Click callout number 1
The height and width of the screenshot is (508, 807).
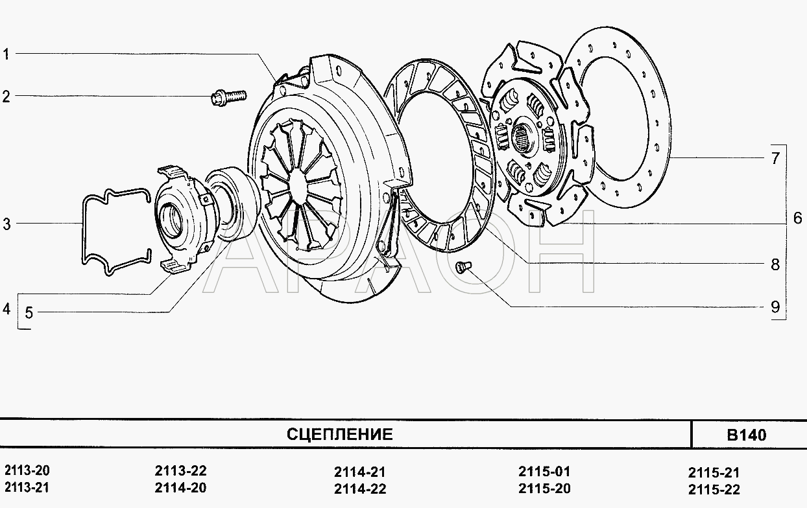point(6,54)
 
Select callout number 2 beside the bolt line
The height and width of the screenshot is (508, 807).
point(6,97)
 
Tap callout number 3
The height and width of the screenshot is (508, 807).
point(7,224)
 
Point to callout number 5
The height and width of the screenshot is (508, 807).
point(29,313)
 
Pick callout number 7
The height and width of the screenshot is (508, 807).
point(775,158)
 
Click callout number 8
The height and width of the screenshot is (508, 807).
point(775,264)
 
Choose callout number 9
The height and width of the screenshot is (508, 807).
point(775,307)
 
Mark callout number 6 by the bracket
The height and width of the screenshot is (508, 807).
point(798,218)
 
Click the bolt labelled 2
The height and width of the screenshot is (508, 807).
point(228,97)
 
